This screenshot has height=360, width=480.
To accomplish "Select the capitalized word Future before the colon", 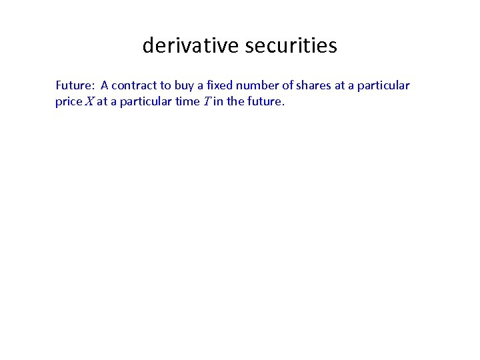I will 75,85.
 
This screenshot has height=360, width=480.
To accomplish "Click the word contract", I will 134,85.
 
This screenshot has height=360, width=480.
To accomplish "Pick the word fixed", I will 220,85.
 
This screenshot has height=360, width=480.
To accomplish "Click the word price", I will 69,102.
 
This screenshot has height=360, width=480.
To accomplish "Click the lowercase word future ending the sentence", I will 265,102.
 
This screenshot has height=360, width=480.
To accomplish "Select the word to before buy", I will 166,85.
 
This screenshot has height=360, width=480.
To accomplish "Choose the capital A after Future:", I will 105,85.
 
